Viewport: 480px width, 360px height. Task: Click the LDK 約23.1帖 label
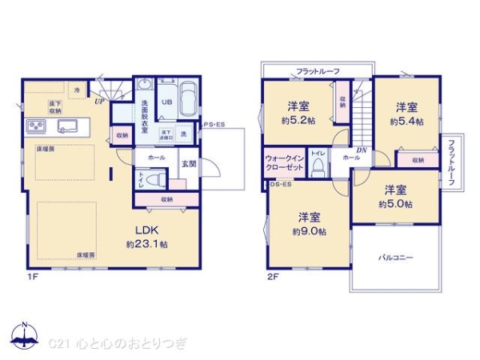146,235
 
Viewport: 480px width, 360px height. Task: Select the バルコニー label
395,258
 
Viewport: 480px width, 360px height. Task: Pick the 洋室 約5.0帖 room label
397,197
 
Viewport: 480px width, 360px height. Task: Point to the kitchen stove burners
35,126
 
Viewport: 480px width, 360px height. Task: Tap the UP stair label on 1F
100,102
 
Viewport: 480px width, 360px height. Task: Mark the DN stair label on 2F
361,150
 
